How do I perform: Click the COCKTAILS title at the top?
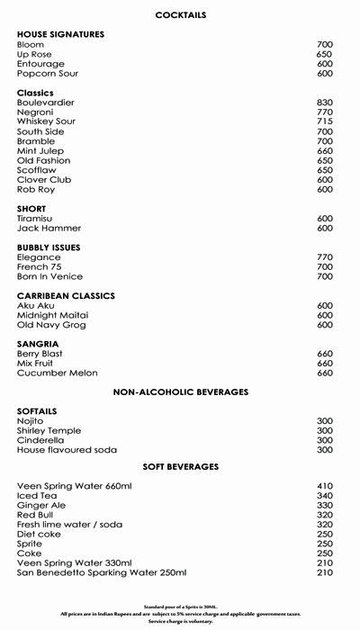click(x=179, y=15)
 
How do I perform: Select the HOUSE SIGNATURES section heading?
click(x=60, y=34)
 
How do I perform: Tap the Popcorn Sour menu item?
click(x=49, y=74)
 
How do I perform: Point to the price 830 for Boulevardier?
click(x=325, y=103)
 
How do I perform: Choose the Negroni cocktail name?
click(x=37, y=112)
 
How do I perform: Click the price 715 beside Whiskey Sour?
click(x=325, y=121)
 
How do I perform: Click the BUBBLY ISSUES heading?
click(x=54, y=247)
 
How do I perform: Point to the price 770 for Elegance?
click(x=325, y=257)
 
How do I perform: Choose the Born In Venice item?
click(x=50, y=276)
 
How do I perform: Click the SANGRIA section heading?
click(x=39, y=344)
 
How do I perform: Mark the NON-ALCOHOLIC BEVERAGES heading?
click(x=180, y=392)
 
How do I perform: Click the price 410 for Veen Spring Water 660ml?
click(x=325, y=487)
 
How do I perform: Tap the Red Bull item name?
click(x=37, y=516)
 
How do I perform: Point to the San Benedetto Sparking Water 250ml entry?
click(x=102, y=573)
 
